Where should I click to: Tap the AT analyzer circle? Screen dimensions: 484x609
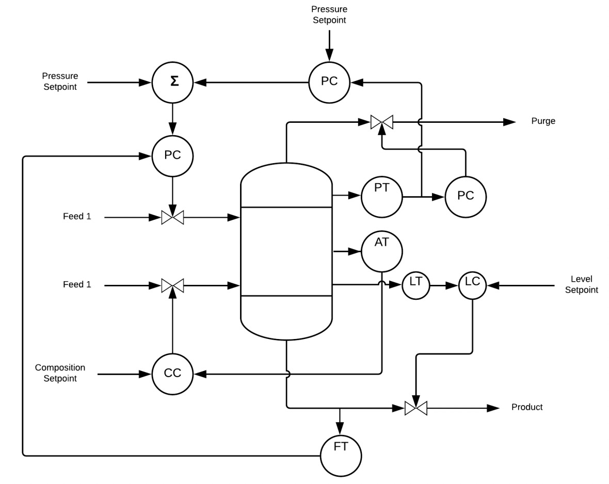[x=382, y=251]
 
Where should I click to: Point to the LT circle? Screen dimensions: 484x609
[x=415, y=285]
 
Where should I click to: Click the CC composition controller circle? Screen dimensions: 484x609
[x=173, y=373]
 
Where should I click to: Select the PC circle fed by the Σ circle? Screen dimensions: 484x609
[x=173, y=155]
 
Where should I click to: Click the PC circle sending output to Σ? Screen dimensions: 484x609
[x=330, y=82]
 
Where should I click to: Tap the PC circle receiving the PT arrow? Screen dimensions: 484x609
[x=466, y=197]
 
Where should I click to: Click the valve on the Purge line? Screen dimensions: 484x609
[x=382, y=122]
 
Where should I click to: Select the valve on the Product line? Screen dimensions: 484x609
[x=415, y=408]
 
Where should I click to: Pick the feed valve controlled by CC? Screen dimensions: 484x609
[x=173, y=285]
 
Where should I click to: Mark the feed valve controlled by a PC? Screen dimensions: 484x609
[x=173, y=218]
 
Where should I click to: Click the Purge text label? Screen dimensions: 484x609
[x=543, y=121]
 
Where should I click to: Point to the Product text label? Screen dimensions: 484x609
[x=527, y=407]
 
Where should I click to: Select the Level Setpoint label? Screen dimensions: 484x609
[x=581, y=285]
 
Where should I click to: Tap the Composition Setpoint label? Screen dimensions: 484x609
[x=60, y=373]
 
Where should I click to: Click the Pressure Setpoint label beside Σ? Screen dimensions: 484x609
[x=60, y=82]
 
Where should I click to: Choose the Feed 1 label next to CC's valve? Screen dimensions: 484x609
[x=77, y=284]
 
